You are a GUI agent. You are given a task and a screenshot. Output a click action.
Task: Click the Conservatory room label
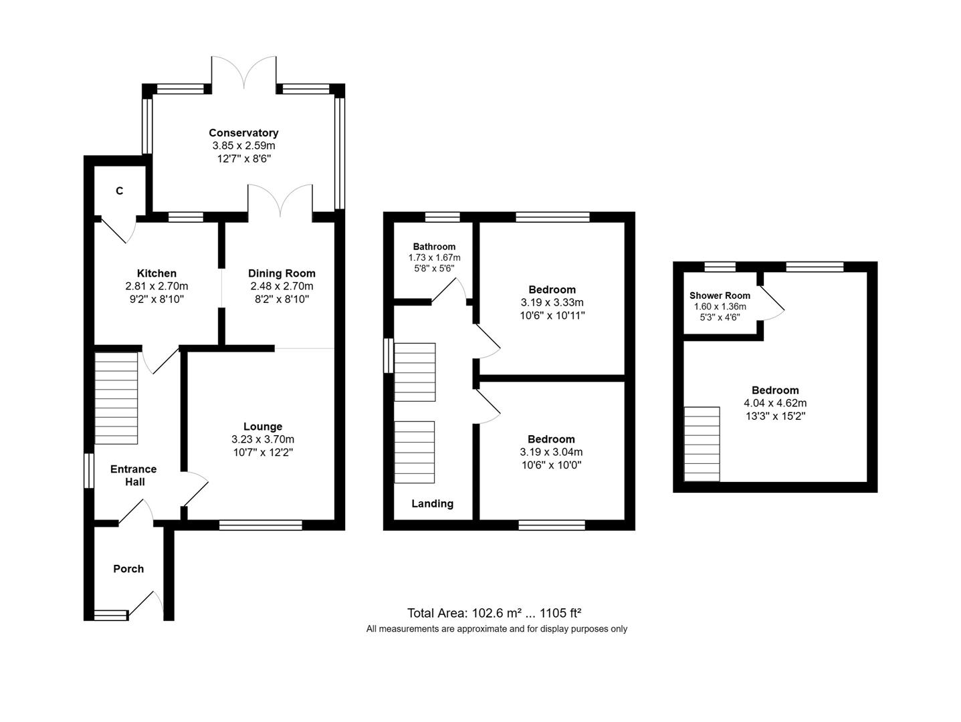(x=243, y=133)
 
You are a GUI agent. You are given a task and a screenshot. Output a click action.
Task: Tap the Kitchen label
(x=156, y=273)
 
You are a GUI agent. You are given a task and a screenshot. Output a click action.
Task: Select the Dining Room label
(x=282, y=273)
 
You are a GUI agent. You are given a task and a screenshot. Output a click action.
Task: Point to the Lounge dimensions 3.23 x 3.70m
(x=263, y=439)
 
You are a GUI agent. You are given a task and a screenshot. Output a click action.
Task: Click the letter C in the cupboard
(x=120, y=191)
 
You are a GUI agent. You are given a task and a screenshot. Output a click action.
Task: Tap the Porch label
(x=128, y=569)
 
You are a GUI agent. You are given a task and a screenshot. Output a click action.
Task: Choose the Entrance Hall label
(x=133, y=475)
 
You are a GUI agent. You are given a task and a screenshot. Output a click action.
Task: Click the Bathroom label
(x=434, y=247)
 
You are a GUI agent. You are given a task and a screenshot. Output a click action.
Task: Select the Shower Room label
(x=720, y=295)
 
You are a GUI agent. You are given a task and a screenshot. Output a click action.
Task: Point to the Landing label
(x=432, y=504)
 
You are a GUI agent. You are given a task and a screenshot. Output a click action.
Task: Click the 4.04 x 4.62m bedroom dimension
(x=775, y=403)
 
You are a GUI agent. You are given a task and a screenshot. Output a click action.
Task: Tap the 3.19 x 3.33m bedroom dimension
(x=552, y=302)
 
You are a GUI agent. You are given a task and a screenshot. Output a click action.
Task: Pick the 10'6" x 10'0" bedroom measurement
(x=551, y=465)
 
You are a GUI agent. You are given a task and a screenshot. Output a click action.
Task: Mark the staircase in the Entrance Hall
(x=116, y=398)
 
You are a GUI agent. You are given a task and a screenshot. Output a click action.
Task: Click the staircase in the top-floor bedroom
(x=702, y=444)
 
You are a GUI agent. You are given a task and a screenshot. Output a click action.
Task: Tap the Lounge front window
(x=261, y=525)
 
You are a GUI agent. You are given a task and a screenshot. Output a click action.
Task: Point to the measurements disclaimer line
(x=496, y=629)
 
